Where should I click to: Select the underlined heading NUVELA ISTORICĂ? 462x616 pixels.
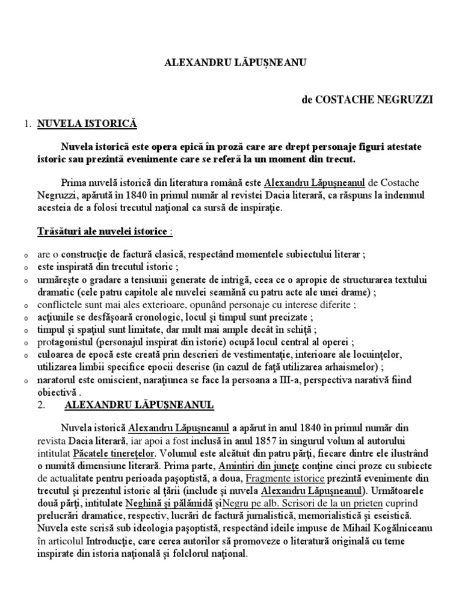point(88,125)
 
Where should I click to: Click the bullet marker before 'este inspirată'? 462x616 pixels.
point(25,269)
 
